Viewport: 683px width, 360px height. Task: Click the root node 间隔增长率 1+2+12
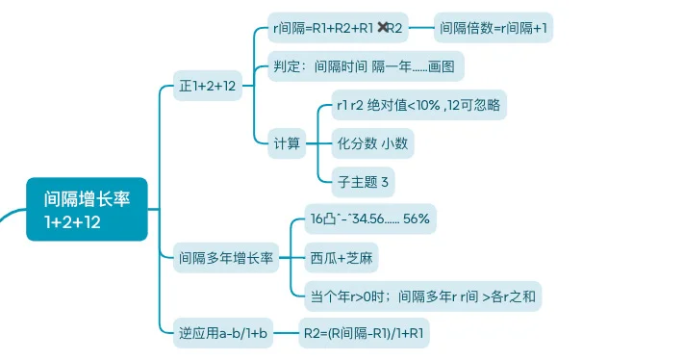[x=87, y=210]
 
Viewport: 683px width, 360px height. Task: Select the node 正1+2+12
[x=208, y=86]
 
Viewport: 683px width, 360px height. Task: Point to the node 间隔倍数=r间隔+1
[x=493, y=29]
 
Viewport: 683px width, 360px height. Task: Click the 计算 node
[x=287, y=144]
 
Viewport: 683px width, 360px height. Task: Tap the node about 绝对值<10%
[x=417, y=106]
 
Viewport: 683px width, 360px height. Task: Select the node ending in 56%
[x=369, y=219]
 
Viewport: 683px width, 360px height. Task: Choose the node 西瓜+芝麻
[x=342, y=258]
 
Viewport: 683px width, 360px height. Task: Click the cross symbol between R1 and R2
[x=384, y=29]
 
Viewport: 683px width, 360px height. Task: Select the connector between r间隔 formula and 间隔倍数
[x=421, y=29]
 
